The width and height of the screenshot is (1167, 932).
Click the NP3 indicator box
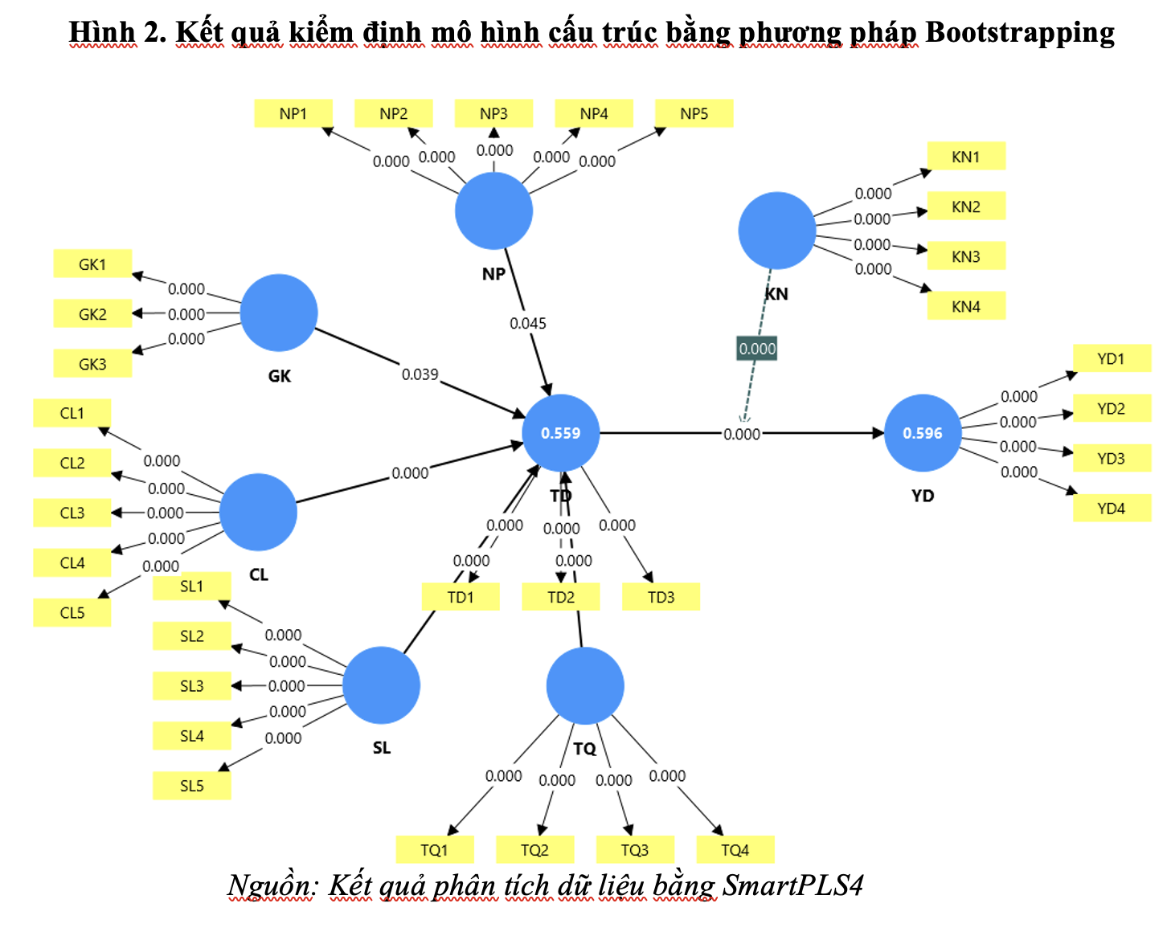coord(493,113)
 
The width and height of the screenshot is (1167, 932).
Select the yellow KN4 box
coord(966,306)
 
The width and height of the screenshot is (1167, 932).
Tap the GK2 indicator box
coord(92,314)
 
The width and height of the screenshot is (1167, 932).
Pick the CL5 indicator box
coord(72,613)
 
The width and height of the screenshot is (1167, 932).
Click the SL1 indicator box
coord(192,587)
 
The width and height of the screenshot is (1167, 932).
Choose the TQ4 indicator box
coord(735,850)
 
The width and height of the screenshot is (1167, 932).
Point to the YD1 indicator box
coord(1112,359)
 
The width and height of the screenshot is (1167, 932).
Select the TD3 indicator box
coord(661,597)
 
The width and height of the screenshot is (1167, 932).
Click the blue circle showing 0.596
coord(923,433)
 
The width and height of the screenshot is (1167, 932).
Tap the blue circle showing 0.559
coord(561,433)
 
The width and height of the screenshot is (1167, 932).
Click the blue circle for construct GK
coord(279,313)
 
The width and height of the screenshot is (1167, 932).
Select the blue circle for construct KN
coord(777,231)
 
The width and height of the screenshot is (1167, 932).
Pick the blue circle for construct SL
coord(381,685)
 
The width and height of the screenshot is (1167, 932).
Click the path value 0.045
coord(528,323)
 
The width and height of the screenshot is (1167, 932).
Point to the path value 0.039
coord(420,374)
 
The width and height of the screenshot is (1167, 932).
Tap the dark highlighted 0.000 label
coord(757,349)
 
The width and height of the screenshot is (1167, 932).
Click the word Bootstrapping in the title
coord(1020,32)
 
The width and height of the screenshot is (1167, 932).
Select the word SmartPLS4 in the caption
coord(792,885)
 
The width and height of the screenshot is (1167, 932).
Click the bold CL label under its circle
coord(259,574)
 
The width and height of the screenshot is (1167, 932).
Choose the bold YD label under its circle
coord(923,496)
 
